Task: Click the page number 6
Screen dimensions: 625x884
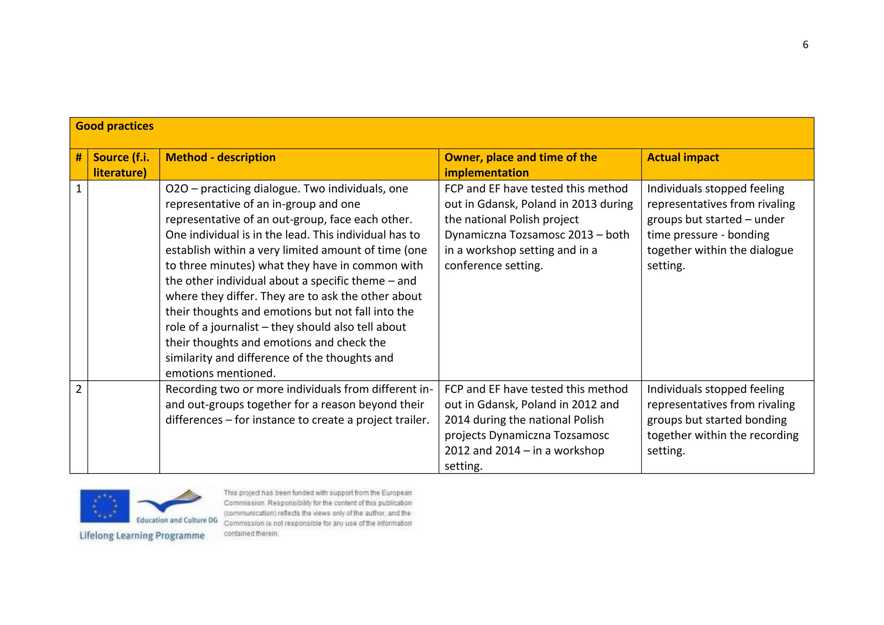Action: [805, 44]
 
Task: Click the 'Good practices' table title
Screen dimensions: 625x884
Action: [114, 126]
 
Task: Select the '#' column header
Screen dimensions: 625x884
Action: [79, 158]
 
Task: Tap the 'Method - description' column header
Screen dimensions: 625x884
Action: [220, 158]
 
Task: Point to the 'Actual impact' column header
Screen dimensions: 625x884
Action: [683, 158]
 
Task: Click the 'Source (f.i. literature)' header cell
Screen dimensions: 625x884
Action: [121, 165]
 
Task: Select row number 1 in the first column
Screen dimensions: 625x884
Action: [79, 189]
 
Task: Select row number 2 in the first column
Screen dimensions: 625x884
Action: [79, 389]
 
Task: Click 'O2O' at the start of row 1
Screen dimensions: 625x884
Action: [177, 189]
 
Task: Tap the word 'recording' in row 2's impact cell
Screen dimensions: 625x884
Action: [774, 435]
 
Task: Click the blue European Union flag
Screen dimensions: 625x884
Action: [104, 505]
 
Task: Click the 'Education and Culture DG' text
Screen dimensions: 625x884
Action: [177, 520]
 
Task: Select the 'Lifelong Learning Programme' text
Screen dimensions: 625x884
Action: [142, 536]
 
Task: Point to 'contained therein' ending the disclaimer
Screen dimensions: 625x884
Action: [251, 533]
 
